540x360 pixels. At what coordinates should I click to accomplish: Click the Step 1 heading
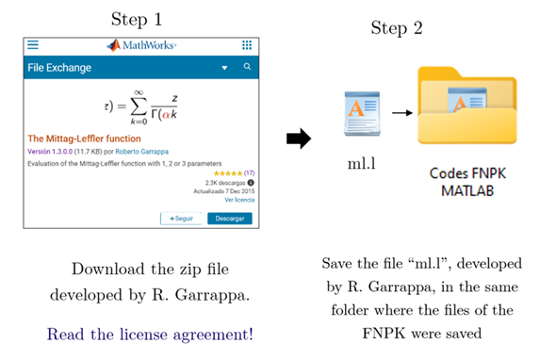137,19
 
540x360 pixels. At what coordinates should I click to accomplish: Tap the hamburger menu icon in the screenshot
33,44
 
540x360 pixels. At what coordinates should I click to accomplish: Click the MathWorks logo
142,45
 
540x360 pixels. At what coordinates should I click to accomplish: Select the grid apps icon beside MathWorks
247,45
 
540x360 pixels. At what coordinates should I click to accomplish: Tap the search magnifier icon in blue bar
247,68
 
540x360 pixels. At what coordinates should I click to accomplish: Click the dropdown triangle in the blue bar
224,69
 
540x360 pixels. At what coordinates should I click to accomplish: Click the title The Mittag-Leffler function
85,139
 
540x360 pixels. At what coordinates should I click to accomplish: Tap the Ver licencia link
239,200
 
